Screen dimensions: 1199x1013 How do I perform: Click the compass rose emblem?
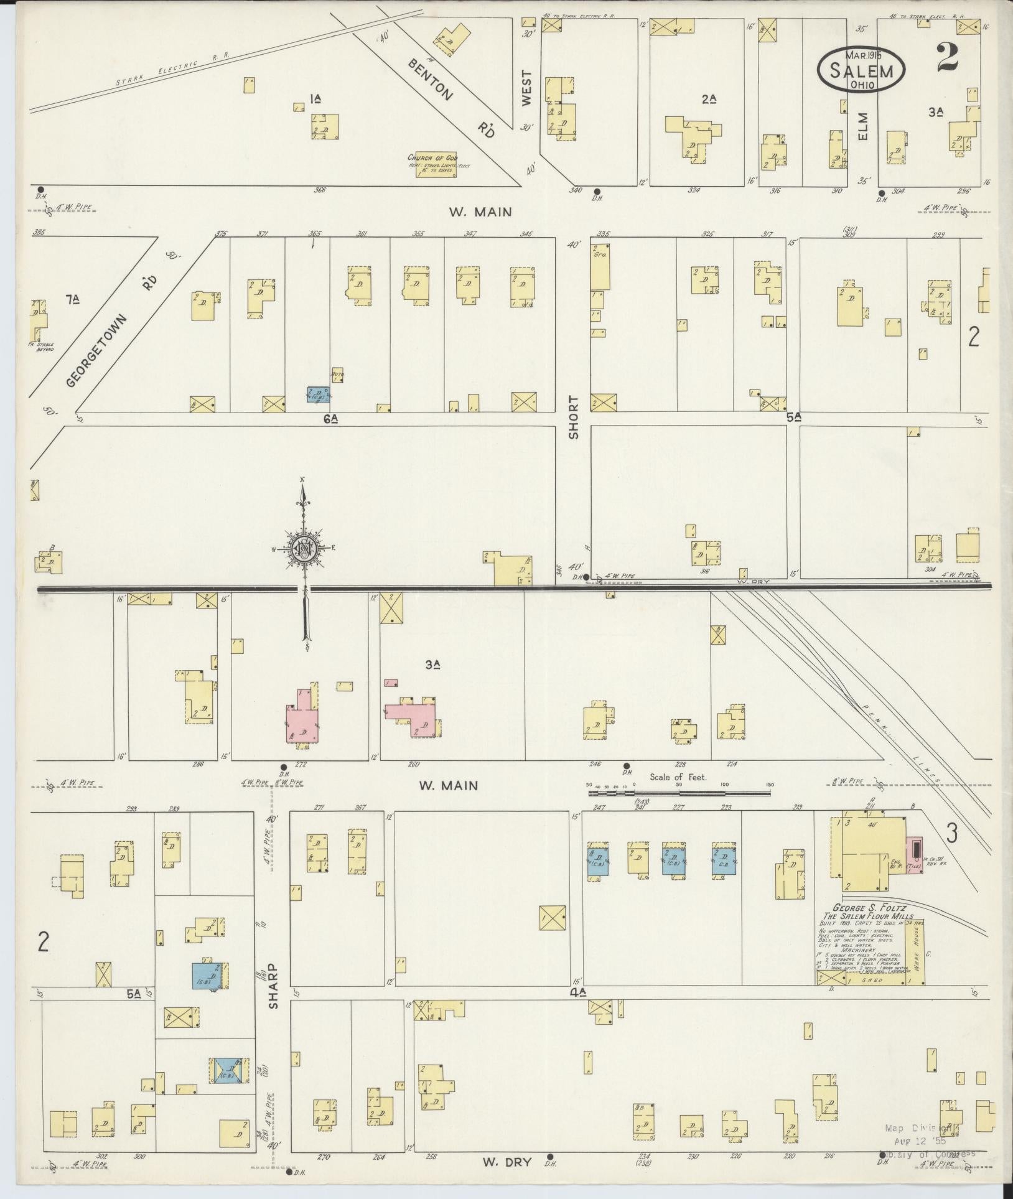pyautogui.click(x=305, y=549)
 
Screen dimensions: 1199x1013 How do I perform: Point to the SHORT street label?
pyautogui.click(x=573, y=417)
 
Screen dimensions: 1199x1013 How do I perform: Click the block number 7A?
pyautogui.click(x=73, y=301)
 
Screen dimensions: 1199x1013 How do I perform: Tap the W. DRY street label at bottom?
pyautogui.click(x=507, y=1161)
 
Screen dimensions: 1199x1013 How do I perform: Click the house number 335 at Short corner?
pyautogui.click(x=602, y=234)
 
